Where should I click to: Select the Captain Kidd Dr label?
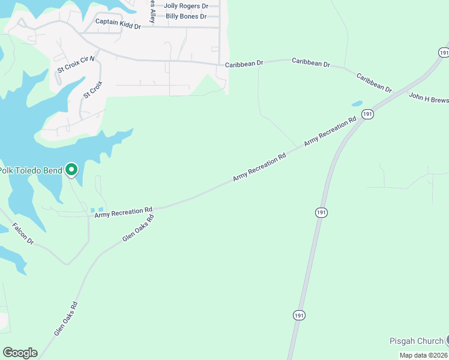pyautogui.click(x=118, y=26)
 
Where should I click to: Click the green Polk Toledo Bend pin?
pyautogui.click(x=71, y=170)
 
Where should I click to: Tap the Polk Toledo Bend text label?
pyautogui.click(x=31, y=170)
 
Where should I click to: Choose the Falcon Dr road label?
pyautogui.click(x=23, y=233)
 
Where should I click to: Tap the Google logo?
pyautogui.click(x=20, y=353)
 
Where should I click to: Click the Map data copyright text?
pyautogui.click(x=423, y=355)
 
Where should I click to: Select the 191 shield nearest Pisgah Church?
pyautogui.click(x=298, y=315)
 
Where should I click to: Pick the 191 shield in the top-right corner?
pyautogui.click(x=443, y=53)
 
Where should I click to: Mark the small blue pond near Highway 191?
pyautogui.click(x=357, y=104)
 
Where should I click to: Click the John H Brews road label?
pyautogui.click(x=429, y=98)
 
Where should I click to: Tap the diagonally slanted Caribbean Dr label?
pyautogui.click(x=374, y=83)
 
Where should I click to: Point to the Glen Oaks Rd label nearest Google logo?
pyautogui.click(x=66, y=319)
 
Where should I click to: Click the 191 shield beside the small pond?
pyautogui.click(x=368, y=113)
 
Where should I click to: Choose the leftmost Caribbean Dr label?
pyautogui.click(x=244, y=63)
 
